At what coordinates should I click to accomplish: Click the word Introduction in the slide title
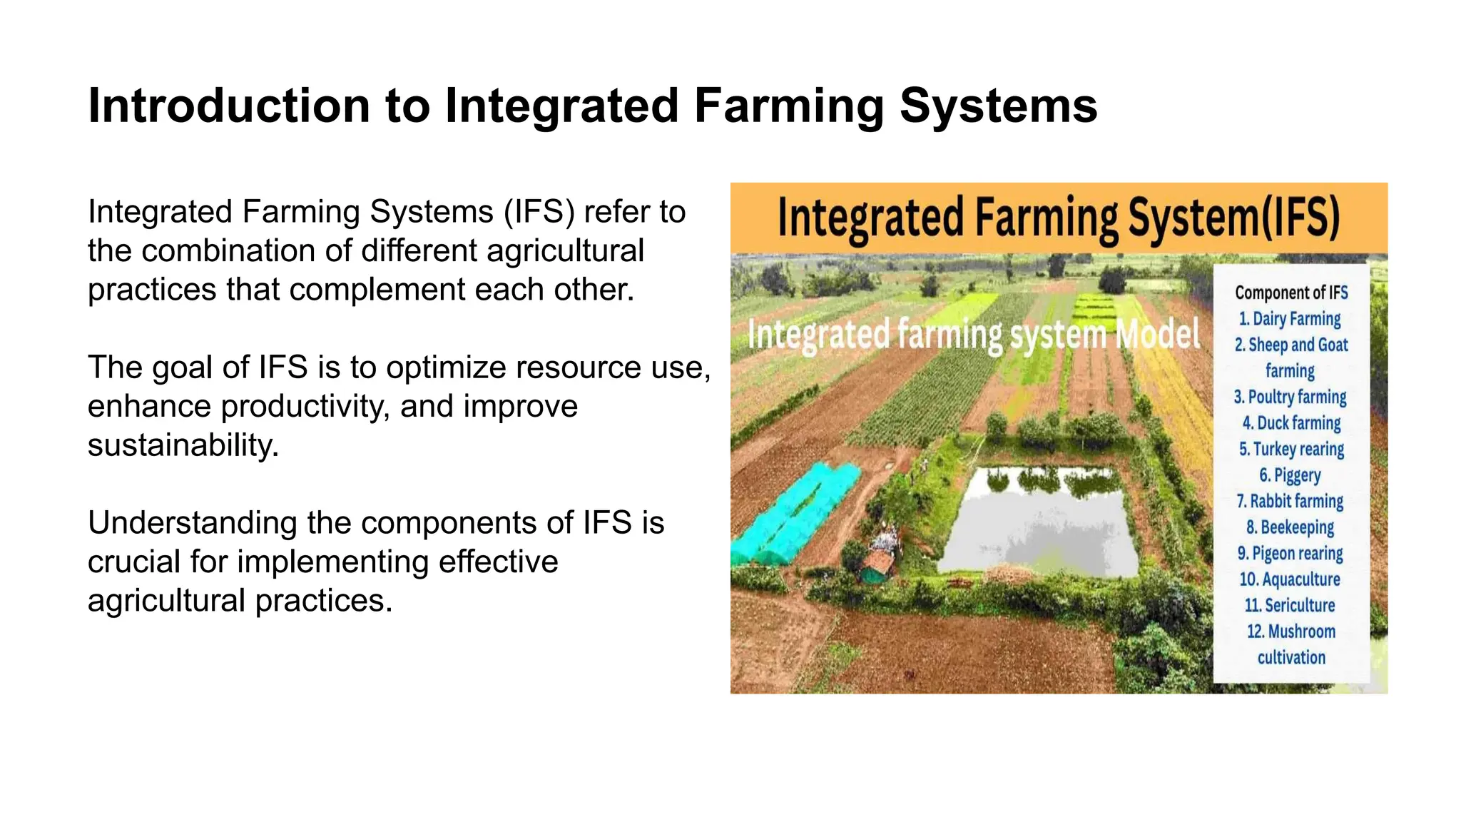[228, 106]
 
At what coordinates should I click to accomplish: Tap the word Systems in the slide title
[998, 106]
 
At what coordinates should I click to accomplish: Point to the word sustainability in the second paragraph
[183, 445]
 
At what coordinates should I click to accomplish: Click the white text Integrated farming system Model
[974, 335]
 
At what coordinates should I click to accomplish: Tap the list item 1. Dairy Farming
[1290, 318]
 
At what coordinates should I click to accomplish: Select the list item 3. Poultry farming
[1290, 397]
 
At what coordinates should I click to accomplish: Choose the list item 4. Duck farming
[1291, 423]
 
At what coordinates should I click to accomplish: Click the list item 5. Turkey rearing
[1291, 449]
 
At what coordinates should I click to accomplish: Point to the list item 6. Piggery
[1290, 475]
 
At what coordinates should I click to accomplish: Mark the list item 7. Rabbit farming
[1290, 501]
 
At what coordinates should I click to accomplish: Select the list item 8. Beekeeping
[1290, 527]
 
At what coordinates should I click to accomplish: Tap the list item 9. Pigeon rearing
[1290, 553]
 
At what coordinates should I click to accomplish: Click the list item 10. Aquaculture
[1290, 579]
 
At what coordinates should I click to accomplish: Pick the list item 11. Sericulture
[1290, 605]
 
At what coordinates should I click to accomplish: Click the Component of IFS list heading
[1291, 293]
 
